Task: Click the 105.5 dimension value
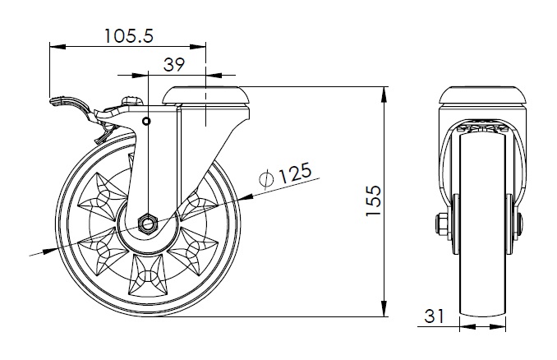click(129, 35)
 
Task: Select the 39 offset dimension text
click(174, 65)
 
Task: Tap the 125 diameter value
click(294, 173)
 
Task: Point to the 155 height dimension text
click(373, 201)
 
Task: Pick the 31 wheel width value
click(434, 316)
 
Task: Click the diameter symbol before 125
click(266, 178)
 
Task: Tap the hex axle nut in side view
click(147, 224)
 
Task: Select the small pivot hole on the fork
click(146, 122)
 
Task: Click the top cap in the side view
click(206, 95)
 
